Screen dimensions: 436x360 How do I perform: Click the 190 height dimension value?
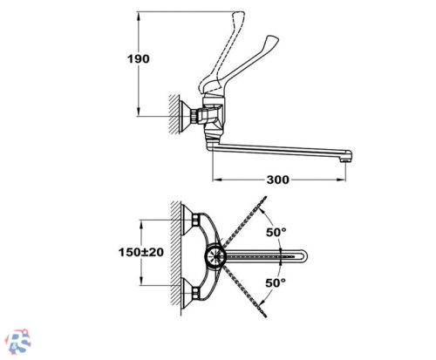(x=139, y=59)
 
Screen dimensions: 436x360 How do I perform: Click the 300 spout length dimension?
(x=278, y=180)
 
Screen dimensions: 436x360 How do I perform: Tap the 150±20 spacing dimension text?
(x=141, y=252)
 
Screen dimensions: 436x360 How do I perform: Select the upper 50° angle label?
(x=276, y=232)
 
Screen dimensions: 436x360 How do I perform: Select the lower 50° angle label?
(x=276, y=282)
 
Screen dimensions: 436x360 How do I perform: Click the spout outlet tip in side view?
(x=345, y=160)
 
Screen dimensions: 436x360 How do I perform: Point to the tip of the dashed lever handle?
(x=239, y=13)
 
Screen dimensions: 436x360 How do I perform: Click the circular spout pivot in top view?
(x=215, y=256)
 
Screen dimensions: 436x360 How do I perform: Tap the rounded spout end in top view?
(x=303, y=256)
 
